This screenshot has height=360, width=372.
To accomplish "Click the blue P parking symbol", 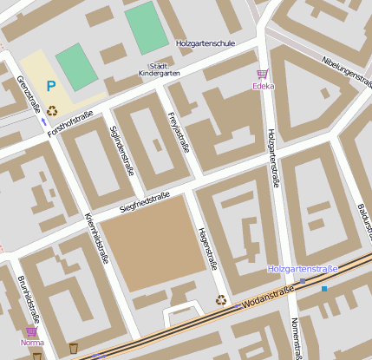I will click(x=51, y=86).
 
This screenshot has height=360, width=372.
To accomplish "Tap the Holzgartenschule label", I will click(x=206, y=41).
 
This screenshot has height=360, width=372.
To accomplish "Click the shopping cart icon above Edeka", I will click(x=263, y=74).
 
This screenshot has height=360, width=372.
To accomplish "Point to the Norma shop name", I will click(x=32, y=342).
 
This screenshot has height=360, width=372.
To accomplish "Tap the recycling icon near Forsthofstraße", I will click(x=53, y=110).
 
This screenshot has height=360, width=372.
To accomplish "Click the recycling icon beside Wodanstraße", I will click(x=221, y=300).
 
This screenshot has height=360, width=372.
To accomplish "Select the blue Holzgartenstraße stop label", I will click(x=302, y=270).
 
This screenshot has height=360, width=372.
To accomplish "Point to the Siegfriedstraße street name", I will click(x=144, y=202).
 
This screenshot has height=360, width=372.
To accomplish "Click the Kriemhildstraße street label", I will click(x=96, y=236).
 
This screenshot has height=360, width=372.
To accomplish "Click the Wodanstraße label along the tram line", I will click(x=265, y=301).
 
